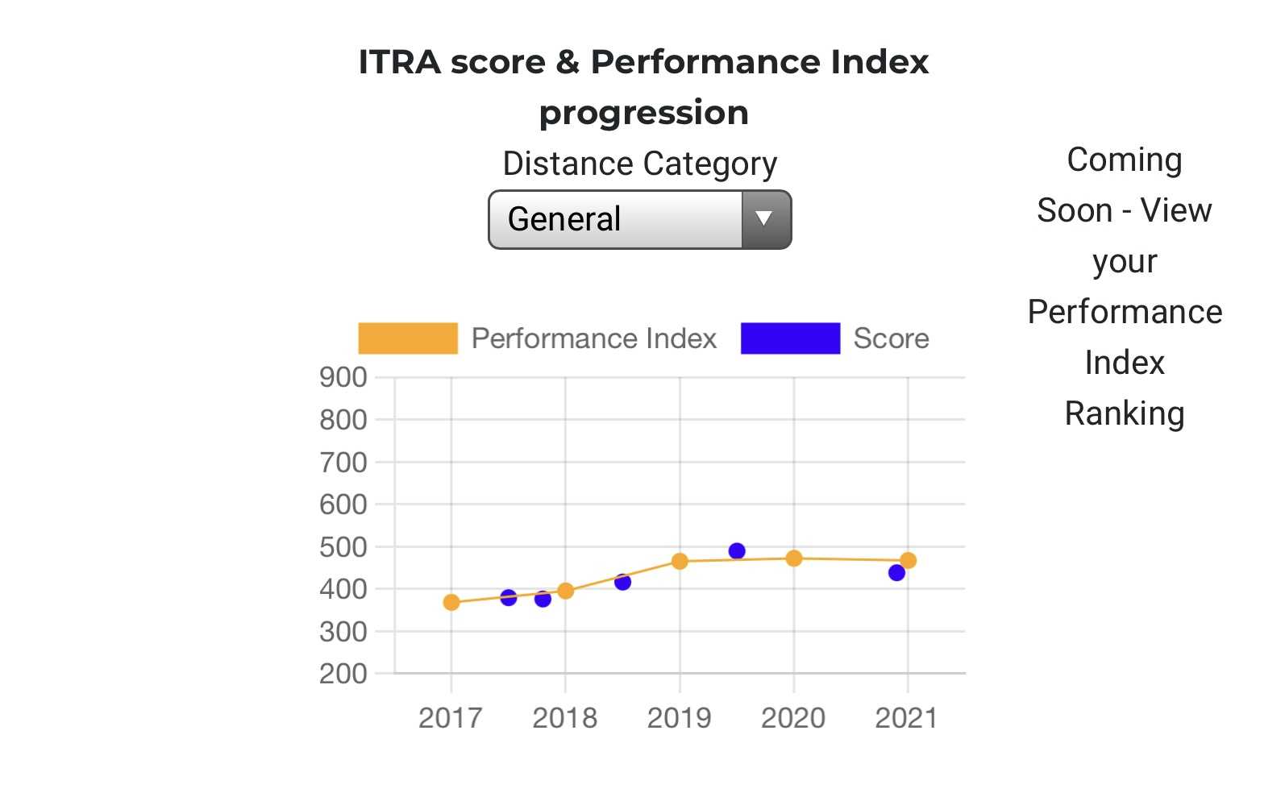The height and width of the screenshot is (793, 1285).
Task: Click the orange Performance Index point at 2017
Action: click(x=451, y=602)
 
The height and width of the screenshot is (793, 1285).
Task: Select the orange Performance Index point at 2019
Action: click(x=680, y=561)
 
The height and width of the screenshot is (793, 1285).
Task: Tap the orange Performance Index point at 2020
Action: click(x=794, y=558)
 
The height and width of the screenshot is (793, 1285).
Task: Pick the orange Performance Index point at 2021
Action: click(x=908, y=560)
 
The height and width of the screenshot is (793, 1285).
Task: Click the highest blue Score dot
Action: click(x=737, y=551)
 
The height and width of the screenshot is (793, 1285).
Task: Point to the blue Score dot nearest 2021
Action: click(x=896, y=573)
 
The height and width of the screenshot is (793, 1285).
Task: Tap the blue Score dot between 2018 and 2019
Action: click(x=622, y=582)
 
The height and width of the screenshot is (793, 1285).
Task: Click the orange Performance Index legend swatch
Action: click(x=408, y=338)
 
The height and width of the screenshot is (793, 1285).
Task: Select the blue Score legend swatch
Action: click(x=790, y=338)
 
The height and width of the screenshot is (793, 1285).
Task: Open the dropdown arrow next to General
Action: click(x=764, y=219)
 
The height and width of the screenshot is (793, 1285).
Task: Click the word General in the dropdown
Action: click(x=564, y=219)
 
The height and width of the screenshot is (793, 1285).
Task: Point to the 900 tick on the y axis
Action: click(x=343, y=377)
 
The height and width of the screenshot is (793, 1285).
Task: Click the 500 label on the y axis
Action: click(x=343, y=547)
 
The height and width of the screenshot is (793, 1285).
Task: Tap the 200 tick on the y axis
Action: click(x=343, y=674)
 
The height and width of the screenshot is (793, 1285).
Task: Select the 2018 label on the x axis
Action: click(x=565, y=717)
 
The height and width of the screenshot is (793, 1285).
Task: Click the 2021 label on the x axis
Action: click(x=907, y=717)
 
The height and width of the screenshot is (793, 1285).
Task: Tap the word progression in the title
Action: click(x=643, y=113)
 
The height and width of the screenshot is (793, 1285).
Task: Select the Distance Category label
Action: click(x=640, y=164)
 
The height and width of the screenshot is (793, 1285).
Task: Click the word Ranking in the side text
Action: click(x=1125, y=413)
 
